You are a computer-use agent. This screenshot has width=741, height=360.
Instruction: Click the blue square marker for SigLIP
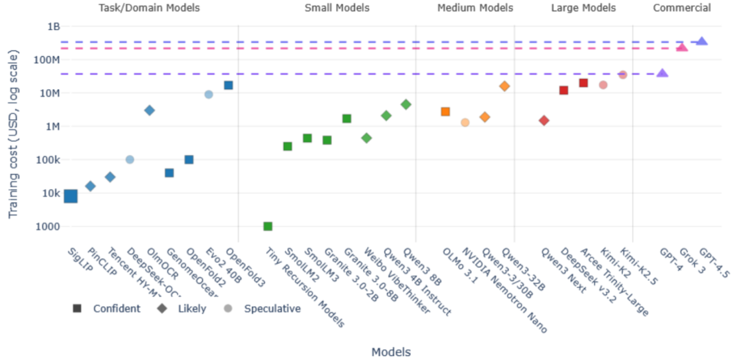[71, 196]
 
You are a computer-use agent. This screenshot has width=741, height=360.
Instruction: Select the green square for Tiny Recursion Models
[268, 226]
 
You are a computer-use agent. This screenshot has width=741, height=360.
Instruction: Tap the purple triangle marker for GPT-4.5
[702, 42]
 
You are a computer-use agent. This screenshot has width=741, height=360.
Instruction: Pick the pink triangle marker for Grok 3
[682, 47]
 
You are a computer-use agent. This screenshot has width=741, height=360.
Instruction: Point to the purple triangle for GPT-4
[662, 73]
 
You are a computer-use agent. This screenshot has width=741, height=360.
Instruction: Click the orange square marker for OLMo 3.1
[445, 111]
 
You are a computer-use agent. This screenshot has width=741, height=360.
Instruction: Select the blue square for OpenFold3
[228, 85]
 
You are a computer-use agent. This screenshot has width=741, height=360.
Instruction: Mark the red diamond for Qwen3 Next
[544, 121]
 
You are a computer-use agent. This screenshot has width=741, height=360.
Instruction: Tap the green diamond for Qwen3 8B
[405, 104]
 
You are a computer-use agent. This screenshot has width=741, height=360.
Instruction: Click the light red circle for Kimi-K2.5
[623, 75]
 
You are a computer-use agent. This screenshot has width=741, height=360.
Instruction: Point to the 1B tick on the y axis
[53, 27]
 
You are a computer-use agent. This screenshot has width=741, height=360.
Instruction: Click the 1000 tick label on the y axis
[48, 226]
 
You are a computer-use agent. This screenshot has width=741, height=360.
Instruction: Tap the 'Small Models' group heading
[337, 8]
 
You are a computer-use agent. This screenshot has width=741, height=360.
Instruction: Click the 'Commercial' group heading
[681, 8]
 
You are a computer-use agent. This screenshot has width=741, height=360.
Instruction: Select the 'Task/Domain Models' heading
[149, 8]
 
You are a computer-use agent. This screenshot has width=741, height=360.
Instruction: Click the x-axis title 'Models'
[391, 352]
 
